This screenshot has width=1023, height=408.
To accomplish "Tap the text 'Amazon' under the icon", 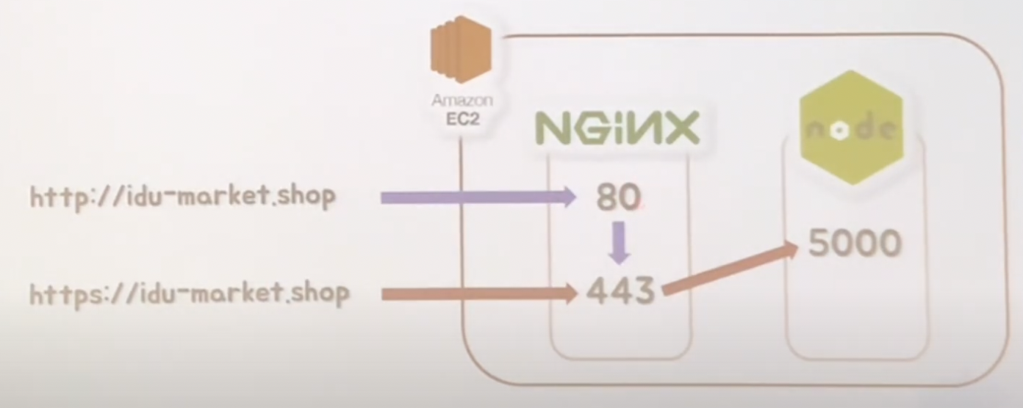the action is click(x=462, y=101).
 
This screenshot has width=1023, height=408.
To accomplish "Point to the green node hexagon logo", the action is click(x=851, y=128).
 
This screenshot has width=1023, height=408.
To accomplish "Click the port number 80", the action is click(x=619, y=197).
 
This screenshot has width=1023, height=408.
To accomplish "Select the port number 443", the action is click(x=620, y=292).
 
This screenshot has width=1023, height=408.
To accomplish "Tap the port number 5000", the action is click(x=855, y=243).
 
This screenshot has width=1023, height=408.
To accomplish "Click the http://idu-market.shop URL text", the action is click(x=182, y=197).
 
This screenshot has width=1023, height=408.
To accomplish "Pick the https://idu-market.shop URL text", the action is click(x=190, y=294).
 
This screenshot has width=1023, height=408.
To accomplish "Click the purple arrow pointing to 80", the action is click(x=478, y=197).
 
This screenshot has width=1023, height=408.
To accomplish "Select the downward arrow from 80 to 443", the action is click(x=620, y=244).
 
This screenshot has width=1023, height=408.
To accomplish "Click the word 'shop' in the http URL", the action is click(x=306, y=197).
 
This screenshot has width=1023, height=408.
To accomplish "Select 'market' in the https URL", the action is click(x=235, y=294).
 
